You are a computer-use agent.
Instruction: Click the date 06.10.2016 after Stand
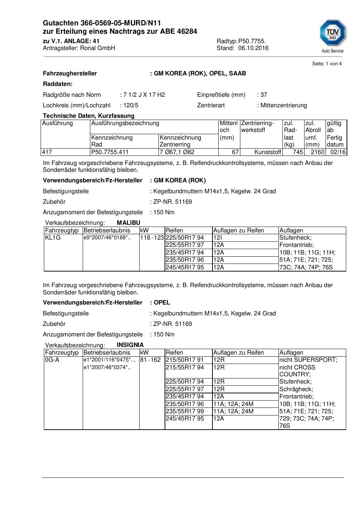pyautogui.click(x=253, y=48)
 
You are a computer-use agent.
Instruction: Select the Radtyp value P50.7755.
pyautogui.click(x=252, y=41)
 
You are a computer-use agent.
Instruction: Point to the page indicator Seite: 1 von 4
pyautogui.click(x=327, y=64)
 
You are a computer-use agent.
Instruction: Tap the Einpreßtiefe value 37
pyautogui.click(x=264, y=95)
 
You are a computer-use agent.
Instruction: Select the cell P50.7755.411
pyautogui.click(x=110, y=152)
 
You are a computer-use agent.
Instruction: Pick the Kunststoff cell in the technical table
pyautogui.click(x=268, y=152)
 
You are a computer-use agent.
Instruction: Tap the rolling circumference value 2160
pyautogui.click(x=318, y=152)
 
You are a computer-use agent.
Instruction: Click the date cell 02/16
pyautogui.click(x=338, y=152)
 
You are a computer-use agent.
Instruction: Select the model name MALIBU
pyautogui.click(x=128, y=223)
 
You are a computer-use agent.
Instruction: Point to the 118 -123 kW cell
pyautogui.click(x=152, y=238)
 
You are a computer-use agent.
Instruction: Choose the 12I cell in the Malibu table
pyautogui.click(x=218, y=238)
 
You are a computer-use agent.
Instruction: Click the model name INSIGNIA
pyautogui.click(x=130, y=345)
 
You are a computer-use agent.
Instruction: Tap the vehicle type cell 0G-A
pyautogui.click(x=52, y=360)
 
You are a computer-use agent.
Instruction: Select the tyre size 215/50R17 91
pyautogui.click(x=185, y=360)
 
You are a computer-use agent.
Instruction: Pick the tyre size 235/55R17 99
pyautogui.click(x=185, y=411)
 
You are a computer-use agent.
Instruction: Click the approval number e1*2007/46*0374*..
pyautogui.click(x=107, y=368)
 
